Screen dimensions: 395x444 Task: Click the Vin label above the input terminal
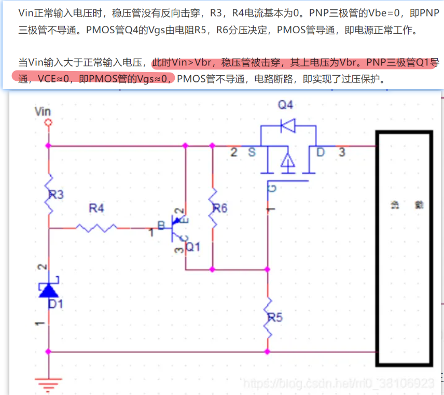coord(43,111)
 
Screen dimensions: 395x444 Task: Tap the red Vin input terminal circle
coord(48,122)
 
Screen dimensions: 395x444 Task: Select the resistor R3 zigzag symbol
coord(49,195)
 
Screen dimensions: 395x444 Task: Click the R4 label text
coord(96,208)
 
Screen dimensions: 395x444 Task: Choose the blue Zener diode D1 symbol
coord(48,289)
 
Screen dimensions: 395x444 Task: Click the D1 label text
coord(55,304)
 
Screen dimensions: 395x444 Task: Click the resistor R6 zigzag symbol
coord(212,207)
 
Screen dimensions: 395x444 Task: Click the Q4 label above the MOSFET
coord(285,105)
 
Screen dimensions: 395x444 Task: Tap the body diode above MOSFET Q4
coord(287,125)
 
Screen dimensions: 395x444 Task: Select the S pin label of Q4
coord(252,152)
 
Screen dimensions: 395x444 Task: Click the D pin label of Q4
coord(320,152)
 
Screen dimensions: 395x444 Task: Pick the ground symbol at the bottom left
coord(48,384)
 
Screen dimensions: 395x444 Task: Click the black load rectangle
coord(404,249)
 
